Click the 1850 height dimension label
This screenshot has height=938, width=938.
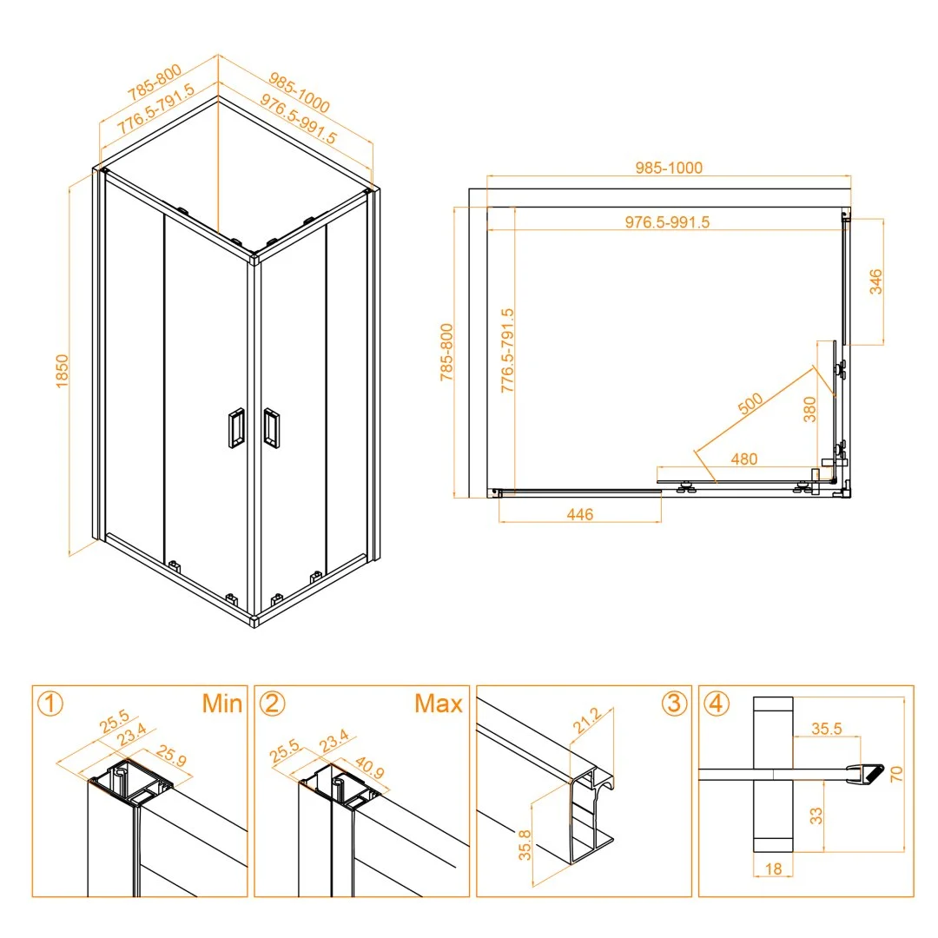click(x=63, y=371)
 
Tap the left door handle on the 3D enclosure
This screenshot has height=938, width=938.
click(x=236, y=427)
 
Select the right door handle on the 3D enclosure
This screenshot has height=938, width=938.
click(x=271, y=427)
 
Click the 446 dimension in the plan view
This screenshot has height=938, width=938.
click(x=579, y=514)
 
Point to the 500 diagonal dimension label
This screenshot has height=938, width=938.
click(x=750, y=404)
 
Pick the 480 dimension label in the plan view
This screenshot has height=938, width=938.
click(x=743, y=459)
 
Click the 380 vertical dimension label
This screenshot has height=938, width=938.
click(x=809, y=409)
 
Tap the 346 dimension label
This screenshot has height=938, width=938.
click(x=875, y=281)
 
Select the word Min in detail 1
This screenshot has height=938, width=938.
click(x=222, y=703)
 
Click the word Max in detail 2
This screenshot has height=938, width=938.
click(x=439, y=703)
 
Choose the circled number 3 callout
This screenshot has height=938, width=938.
click(x=674, y=703)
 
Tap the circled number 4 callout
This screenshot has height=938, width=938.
click(x=717, y=703)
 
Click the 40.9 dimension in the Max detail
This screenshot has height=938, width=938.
click(x=370, y=767)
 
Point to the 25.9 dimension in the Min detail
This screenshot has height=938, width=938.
click(x=172, y=756)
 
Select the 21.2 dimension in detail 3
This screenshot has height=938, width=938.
click(x=586, y=720)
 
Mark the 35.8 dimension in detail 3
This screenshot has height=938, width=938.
click(x=525, y=845)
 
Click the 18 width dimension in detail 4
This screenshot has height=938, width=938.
click(x=773, y=869)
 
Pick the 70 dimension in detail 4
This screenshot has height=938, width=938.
click(x=895, y=774)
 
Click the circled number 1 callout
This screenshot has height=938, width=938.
click(x=50, y=703)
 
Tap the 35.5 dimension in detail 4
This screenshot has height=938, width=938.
click(x=826, y=729)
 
